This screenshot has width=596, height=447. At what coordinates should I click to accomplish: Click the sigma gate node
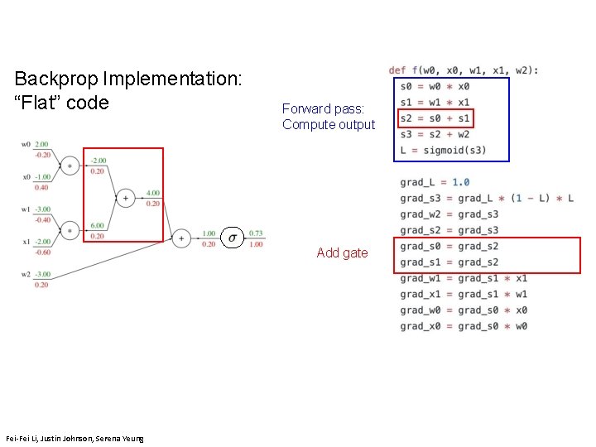coord(233,238)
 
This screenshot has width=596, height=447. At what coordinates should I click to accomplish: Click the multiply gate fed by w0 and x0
coord(70,166)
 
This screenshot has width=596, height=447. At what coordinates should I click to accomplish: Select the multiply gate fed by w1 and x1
coord(70,229)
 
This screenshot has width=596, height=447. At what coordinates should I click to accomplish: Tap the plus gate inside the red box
coord(126,197)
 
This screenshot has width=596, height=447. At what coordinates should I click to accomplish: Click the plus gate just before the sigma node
coord(181,238)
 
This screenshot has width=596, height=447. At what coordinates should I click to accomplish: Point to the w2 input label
coord(26,274)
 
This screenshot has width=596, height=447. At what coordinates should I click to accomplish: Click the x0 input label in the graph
coord(26,176)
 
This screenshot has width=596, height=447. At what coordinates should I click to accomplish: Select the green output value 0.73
coord(256,233)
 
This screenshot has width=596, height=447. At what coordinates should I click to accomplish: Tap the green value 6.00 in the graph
coord(97,225)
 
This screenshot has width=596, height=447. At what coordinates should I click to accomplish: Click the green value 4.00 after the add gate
coord(152,193)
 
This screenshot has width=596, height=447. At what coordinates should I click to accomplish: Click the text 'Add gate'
coord(342,253)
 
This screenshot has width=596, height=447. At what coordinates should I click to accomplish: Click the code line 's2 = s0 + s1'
coord(435,118)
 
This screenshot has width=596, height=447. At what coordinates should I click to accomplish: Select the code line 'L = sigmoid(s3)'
coord(443,150)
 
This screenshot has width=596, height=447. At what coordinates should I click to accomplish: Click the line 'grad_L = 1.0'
coord(435,182)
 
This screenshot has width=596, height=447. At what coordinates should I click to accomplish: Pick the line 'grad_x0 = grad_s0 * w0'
coord(464,326)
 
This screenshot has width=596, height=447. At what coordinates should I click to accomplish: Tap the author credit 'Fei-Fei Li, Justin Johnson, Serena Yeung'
coord(74,438)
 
